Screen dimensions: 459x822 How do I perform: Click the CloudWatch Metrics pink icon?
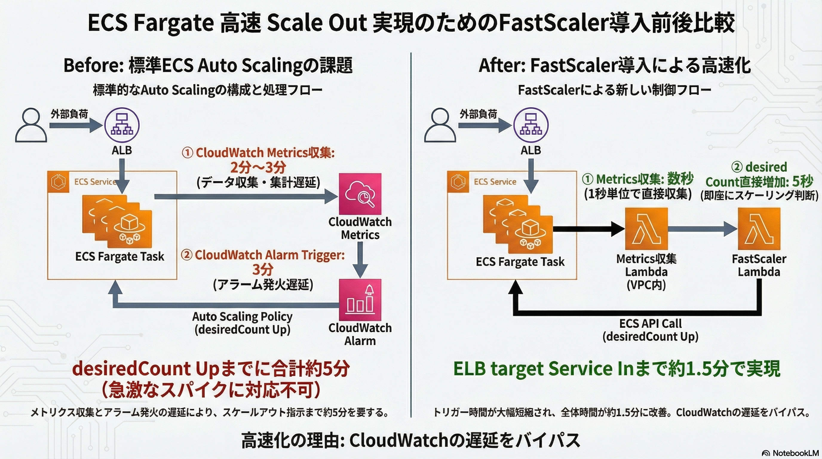tap(360, 194)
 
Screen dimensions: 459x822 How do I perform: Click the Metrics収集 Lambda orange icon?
tap(646, 229)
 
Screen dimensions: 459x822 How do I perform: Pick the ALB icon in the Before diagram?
tap(122, 125)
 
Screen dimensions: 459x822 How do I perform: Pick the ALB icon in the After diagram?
tap(531, 125)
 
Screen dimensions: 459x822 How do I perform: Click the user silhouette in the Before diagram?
tap(31, 125)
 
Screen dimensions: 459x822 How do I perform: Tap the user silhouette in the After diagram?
tap(440, 125)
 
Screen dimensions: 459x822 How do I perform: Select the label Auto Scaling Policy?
tap(242, 316)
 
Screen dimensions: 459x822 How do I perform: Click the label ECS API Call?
tap(650, 323)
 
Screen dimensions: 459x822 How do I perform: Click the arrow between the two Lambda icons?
tap(702, 229)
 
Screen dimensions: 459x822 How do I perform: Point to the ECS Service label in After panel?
tap(495, 182)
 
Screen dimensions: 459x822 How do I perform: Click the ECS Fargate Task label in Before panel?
tap(119, 256)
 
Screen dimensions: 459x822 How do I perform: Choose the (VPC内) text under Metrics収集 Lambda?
tap(646, 285)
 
